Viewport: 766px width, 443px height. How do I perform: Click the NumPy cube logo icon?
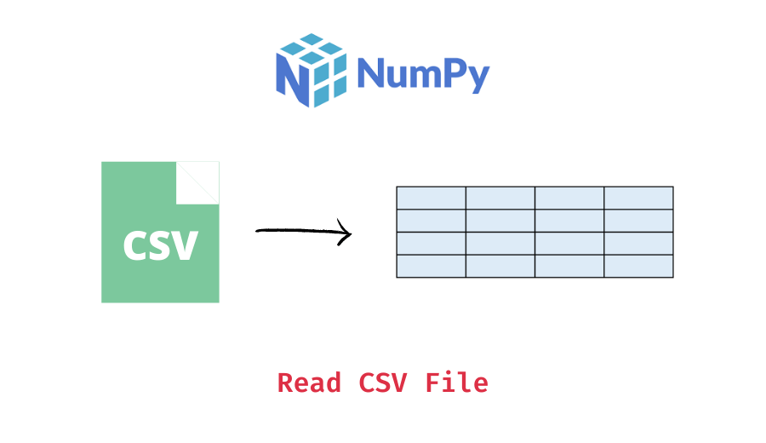[x=312, y=70]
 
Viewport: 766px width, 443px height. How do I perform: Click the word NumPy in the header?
[x=423, y=74]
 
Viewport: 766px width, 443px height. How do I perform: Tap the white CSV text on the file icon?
[x=160, y=245]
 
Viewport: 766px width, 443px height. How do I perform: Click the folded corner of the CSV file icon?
[x=197, y=182]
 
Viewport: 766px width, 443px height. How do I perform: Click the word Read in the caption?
[x=308, y=383]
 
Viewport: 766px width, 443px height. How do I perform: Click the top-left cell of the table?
[x=431, y=198]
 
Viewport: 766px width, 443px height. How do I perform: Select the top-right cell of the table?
[x=638, y=198]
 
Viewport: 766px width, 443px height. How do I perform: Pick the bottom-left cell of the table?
[x=431, y=266]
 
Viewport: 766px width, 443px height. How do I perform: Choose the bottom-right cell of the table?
[x=638, y=266]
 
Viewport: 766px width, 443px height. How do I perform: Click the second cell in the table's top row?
[x=500, y=198]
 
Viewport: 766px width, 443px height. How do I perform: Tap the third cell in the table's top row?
[x=569, y=198]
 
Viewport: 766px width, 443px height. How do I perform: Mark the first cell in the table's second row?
[x=431, y=221]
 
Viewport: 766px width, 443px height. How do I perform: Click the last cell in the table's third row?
[x=638, y=244]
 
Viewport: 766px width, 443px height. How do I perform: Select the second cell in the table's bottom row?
[x=500, y=266]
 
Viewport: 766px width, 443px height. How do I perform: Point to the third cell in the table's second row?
[x=569, y=221]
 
